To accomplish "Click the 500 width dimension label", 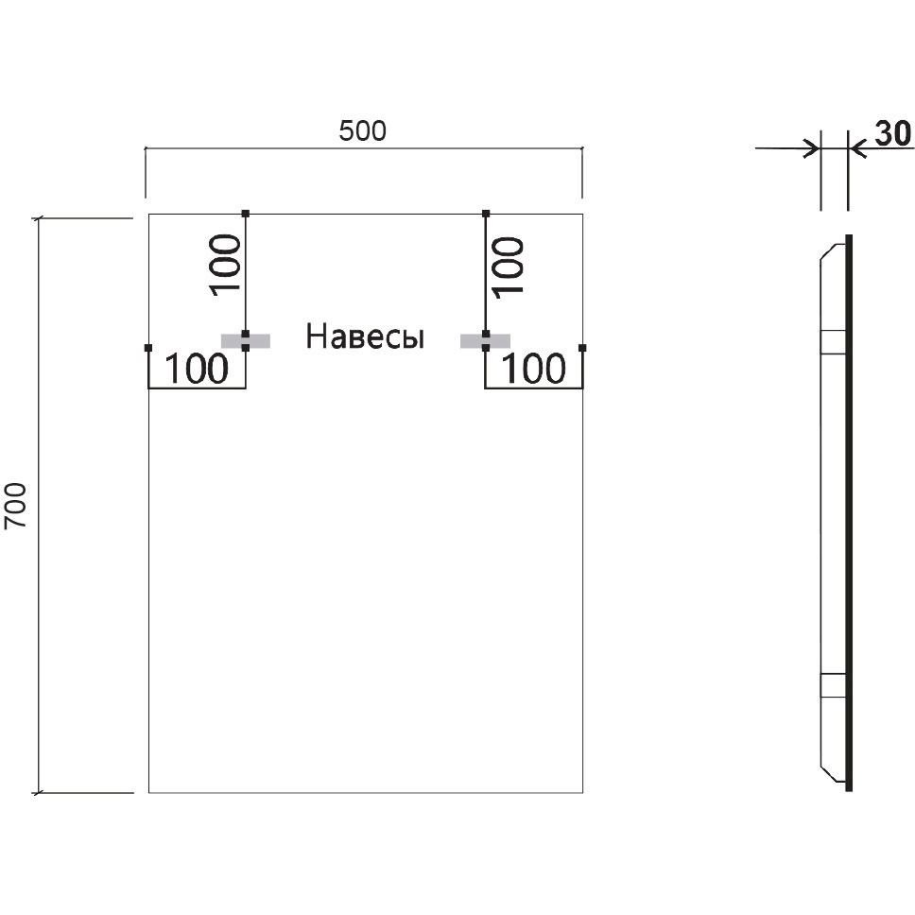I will pos(363,132).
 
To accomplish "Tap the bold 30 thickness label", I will pos(892,134).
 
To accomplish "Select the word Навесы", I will pos(365,337).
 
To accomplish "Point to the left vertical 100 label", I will pos(227,266).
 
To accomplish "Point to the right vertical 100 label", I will pos(509,266).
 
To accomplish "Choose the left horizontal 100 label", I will pos(197,370).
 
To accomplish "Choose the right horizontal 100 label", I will pos(533,370).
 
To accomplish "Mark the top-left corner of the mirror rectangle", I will pos(148,215).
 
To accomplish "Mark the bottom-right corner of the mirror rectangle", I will pos(582,792).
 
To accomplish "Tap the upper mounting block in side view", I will pos(833,340).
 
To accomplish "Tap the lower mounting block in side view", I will pos(833,684).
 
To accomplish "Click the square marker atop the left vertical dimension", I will pos(246,213).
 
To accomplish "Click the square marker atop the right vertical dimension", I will pos(485,213).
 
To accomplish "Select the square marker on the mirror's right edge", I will pos(582,349).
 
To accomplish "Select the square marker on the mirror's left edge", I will pos(148,349).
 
